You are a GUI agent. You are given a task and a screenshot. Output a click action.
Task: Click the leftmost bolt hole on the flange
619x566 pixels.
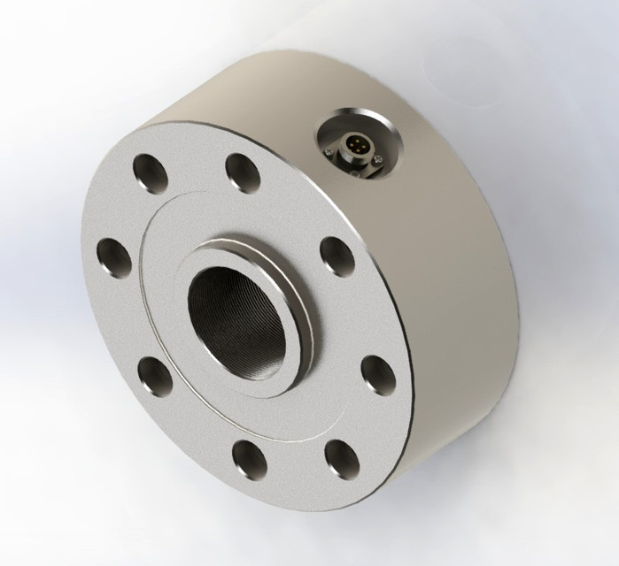114,258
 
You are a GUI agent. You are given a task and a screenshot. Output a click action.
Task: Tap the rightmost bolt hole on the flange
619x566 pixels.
378,374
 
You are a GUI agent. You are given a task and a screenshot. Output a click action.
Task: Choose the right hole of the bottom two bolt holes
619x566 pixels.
340,457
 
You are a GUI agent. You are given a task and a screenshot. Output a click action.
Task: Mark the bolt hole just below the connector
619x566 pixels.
337,256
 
